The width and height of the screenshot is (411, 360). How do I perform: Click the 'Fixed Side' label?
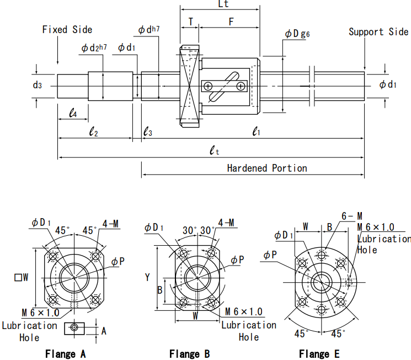pos(67,29)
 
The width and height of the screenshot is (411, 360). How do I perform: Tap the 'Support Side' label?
pos(378,31)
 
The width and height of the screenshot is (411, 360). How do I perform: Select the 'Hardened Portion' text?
pos(267,168)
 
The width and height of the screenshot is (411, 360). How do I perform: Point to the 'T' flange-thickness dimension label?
pos(191,22)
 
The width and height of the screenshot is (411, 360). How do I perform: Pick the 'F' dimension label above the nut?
pos(231,22)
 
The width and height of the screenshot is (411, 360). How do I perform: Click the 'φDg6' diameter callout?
pos(297,34)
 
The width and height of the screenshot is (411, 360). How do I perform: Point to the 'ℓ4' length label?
pos(73,113)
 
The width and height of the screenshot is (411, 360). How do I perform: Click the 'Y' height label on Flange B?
pos(147,278)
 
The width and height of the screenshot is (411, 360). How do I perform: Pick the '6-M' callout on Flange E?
pos(351,216)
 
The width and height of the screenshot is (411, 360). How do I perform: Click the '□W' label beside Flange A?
pos(22,277)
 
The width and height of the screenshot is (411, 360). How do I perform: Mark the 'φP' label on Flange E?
pos(270,255)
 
